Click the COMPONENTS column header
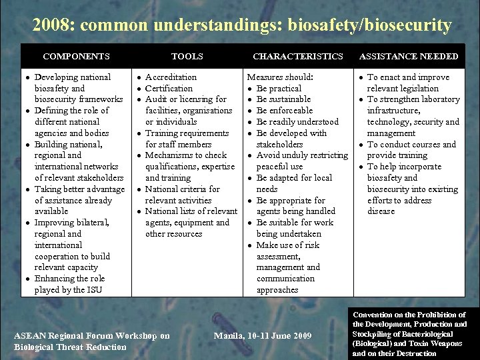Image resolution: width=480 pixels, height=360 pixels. pos(76,57)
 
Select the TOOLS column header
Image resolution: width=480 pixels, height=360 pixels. pos(187,57)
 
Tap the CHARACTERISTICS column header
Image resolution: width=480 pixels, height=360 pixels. pos(298,57)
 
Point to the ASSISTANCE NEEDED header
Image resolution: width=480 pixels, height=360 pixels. pos(409,57)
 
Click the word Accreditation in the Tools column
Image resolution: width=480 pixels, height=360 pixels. pos(171,77)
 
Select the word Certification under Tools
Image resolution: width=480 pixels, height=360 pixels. pos(169,89)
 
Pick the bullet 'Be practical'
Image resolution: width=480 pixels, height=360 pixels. pos(279,89)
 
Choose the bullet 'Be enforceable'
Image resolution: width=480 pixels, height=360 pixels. pos(284,111)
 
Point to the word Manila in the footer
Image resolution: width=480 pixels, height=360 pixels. pos(229,336)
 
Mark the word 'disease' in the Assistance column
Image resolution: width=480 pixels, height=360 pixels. pos(381,211)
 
